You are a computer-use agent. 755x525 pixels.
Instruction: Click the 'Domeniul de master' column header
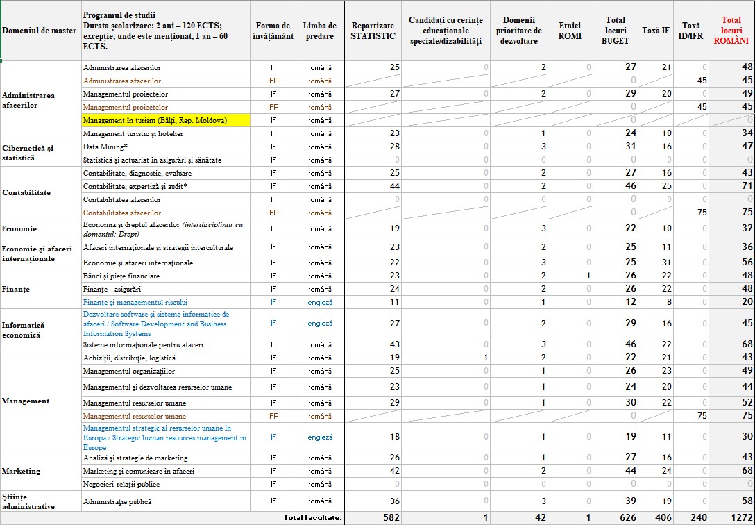coord(40,31)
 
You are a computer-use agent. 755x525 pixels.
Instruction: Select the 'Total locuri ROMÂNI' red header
coord(731,31)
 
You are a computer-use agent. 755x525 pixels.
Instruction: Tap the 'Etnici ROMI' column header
coord(570,31)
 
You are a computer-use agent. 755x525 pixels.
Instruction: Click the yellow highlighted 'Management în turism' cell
coord(155,120)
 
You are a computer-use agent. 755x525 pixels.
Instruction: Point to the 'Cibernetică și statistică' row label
coord(28,153)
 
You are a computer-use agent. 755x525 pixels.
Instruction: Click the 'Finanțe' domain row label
coord(16,289)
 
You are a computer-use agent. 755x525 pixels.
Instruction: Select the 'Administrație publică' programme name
coord(117,501)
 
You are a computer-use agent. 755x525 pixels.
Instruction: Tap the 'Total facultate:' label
coord(313,517)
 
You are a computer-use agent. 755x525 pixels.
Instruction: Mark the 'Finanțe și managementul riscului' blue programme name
coord(135,302)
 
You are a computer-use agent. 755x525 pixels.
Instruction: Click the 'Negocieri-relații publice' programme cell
coord(121,484)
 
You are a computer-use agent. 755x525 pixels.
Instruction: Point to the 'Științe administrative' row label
coord(28,501)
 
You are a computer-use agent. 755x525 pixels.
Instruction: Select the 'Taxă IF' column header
coord(656,31)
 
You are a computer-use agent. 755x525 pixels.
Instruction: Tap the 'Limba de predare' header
coord(320,31)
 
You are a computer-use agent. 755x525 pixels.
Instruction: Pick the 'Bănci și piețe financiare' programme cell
coord(121,276)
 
